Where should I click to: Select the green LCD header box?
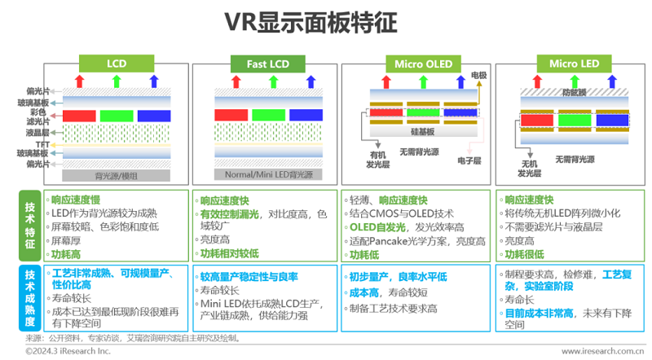pyautogui.click(x=116, y=63)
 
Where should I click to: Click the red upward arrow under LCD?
pyautogui.click(x=79, y=80)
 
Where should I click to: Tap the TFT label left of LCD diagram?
pyautogui.click(x=42, y=143)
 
